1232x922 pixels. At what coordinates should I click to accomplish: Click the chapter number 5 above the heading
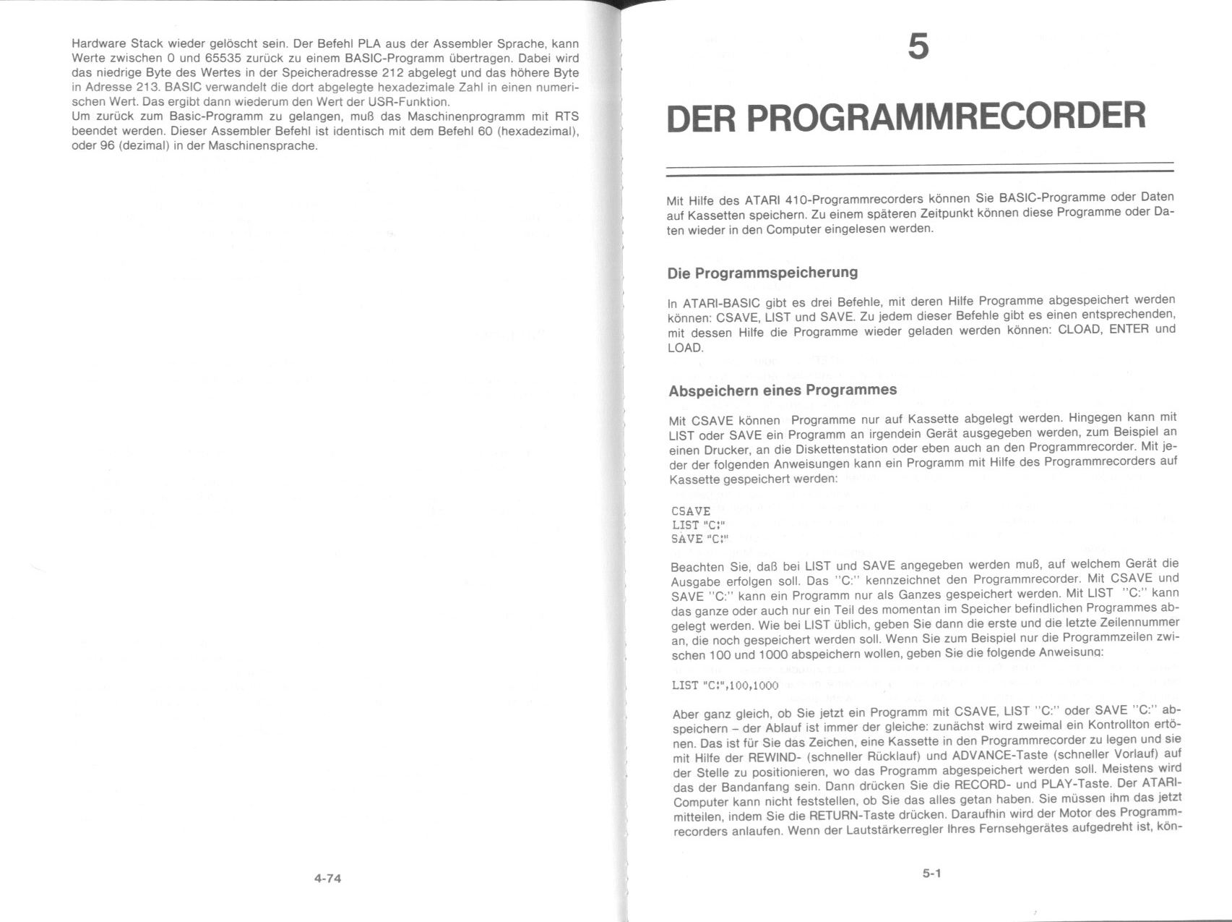coord(918,48)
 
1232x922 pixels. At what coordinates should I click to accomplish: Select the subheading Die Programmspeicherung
coord(762,273)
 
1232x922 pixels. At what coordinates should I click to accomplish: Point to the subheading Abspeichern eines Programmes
coord(783,390)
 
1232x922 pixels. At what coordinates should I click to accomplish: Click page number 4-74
coord(327,879)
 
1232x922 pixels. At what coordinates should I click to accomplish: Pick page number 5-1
coord(931,874)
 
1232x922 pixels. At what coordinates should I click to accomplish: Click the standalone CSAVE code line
coord(691,511)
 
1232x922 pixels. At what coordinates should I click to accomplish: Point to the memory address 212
coord(395,72)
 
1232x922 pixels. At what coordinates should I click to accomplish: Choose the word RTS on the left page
coord(567,116)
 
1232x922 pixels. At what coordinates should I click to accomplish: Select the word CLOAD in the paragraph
coord(1080,330)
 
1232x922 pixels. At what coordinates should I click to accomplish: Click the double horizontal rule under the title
coord(919,168)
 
